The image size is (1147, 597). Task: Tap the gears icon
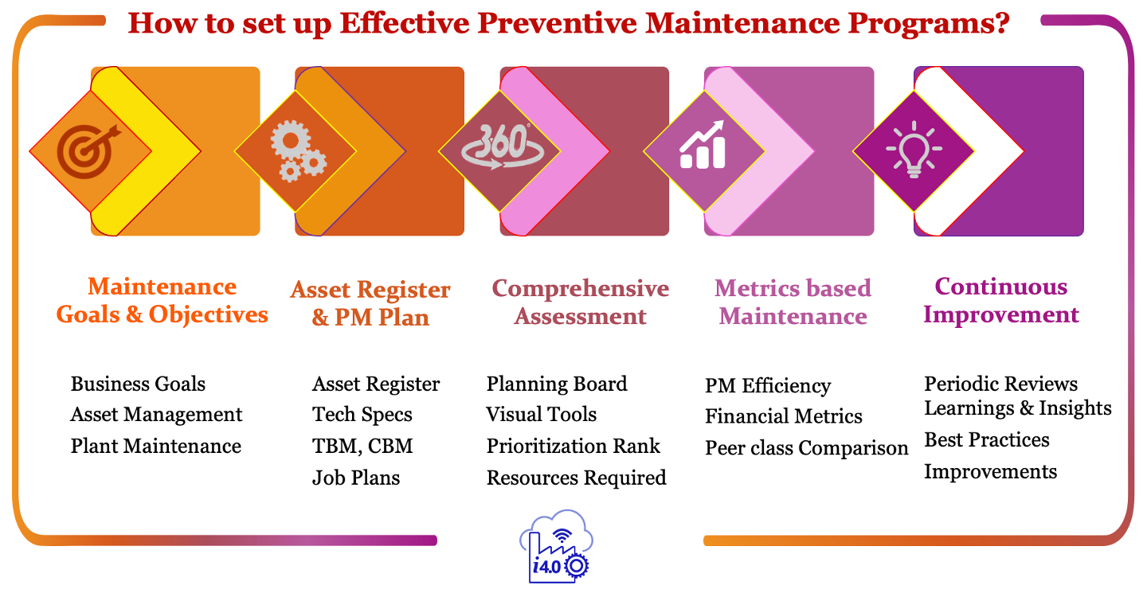(296, 151)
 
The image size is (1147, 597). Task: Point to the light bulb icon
(913, 150)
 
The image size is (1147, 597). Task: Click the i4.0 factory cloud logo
(555, 546)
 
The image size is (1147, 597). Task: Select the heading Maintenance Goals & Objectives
(162, 301)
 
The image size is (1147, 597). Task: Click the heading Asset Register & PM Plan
(370, 303)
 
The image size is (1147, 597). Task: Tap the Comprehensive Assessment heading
(581, 302)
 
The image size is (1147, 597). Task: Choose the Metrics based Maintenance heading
(793, 302)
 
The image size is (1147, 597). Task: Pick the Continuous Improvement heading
(1000, 301)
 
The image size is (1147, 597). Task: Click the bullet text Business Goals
(138, 384)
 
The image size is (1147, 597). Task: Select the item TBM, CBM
(362, 447)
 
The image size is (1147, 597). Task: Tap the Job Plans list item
(355, 478)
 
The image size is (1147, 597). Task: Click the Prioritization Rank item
(573, 447)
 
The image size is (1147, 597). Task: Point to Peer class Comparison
(806, 448)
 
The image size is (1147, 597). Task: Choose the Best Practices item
(986, 440)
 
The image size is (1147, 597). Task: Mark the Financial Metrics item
(783, 416)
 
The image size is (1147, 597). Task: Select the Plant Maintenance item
(155, 447)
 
